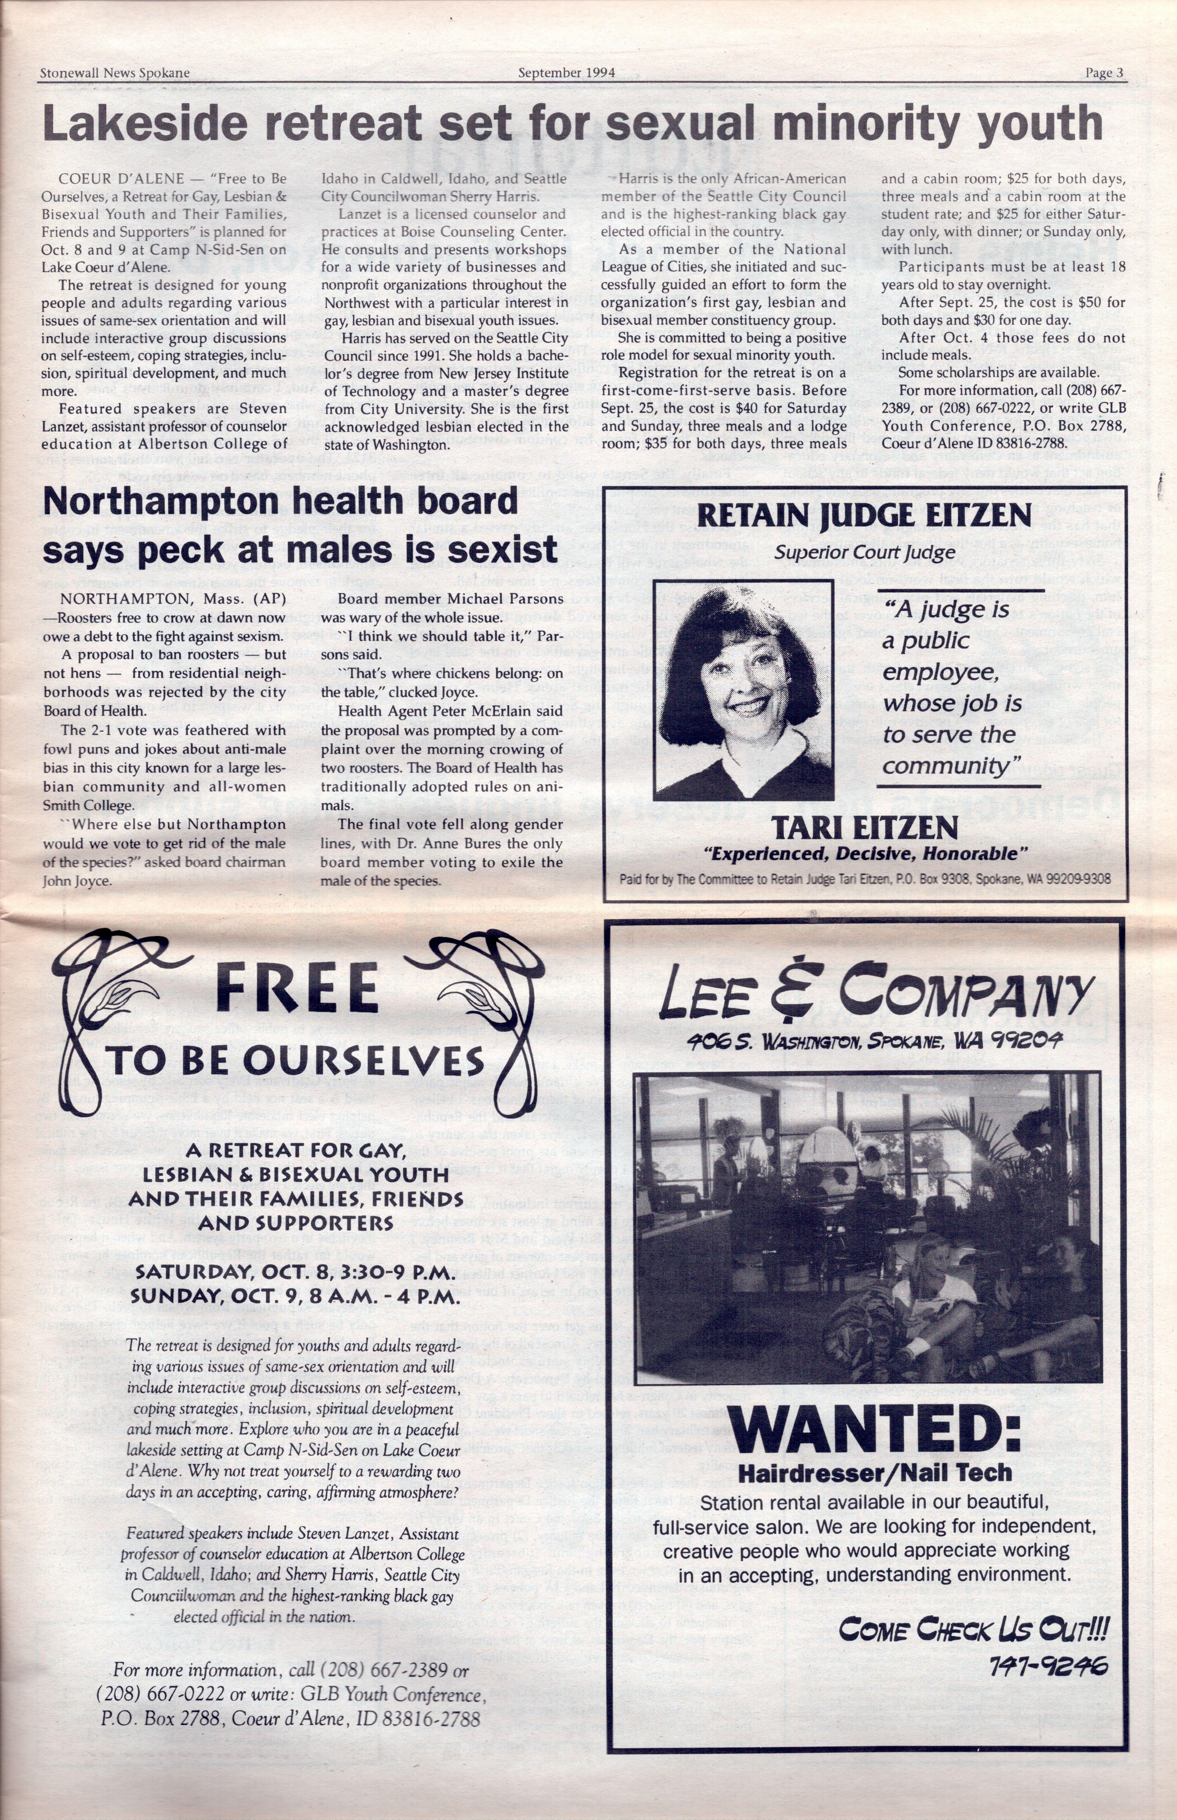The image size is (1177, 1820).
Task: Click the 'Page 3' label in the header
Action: pos(1104,74)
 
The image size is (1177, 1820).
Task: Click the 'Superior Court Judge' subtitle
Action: pos(863,552)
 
